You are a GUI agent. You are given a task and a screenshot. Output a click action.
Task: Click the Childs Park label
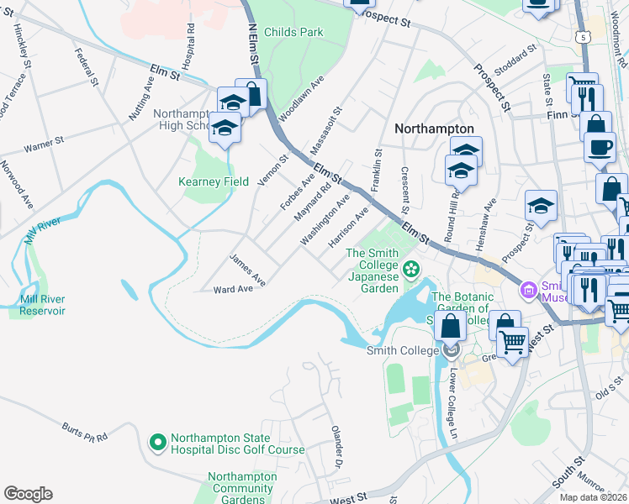[x=293, y=32]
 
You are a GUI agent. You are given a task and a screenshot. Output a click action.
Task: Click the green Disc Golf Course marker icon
[x=157, y=442]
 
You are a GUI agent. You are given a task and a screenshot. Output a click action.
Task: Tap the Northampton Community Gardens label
[x=242, y=488]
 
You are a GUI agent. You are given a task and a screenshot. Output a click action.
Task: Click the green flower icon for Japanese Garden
[x=411, y=269]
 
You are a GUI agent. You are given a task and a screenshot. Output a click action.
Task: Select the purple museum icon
[x=527, y=289]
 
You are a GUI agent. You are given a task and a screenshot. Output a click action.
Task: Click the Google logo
[x=28, y=494]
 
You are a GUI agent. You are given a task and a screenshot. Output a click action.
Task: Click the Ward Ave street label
[x=234, y=289]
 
